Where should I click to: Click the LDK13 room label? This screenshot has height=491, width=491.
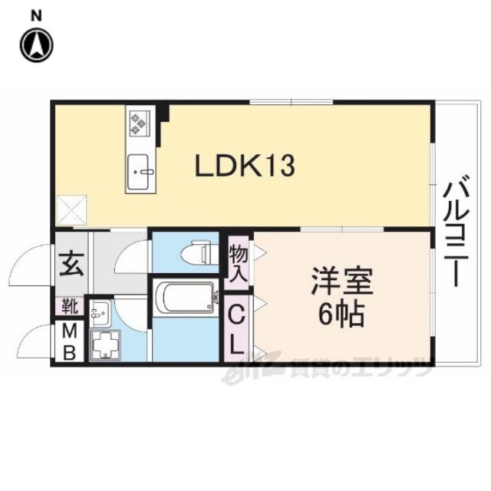pyautogui.click(x=245, y=166)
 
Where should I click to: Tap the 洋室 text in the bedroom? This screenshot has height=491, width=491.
pyautogui.click(x=342, y=281)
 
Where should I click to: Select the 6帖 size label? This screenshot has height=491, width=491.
pyautogui.click(x=341, y=315)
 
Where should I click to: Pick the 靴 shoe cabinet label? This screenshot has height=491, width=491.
pyautogui.click(x=70, y=306)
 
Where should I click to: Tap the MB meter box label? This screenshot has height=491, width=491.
pyautogui.click(x=69, y=342)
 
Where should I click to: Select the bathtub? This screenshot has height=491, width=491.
pyautogui.click(x=186, y=296)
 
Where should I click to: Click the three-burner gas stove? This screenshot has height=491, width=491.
pyautogui.click(x=138, y=123)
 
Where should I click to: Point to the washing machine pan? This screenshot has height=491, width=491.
pyautogui.click(x=106, y=344)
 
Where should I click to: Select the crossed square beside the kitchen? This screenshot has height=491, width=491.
pyautogui.click(x=71, y=210)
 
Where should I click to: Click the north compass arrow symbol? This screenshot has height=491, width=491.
pyautogui.click(x=37, y=45)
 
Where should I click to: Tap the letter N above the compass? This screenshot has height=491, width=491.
pyautogui.click(x=36, y=16)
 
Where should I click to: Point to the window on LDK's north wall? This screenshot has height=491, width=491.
pyautogui.click(x=292, y=102)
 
